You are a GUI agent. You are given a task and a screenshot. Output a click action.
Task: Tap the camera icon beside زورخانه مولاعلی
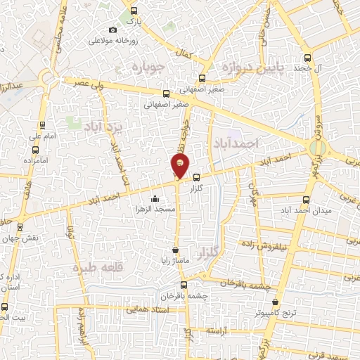tap(113, 30)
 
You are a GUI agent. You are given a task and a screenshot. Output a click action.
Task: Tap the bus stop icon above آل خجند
tap(307, 59)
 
